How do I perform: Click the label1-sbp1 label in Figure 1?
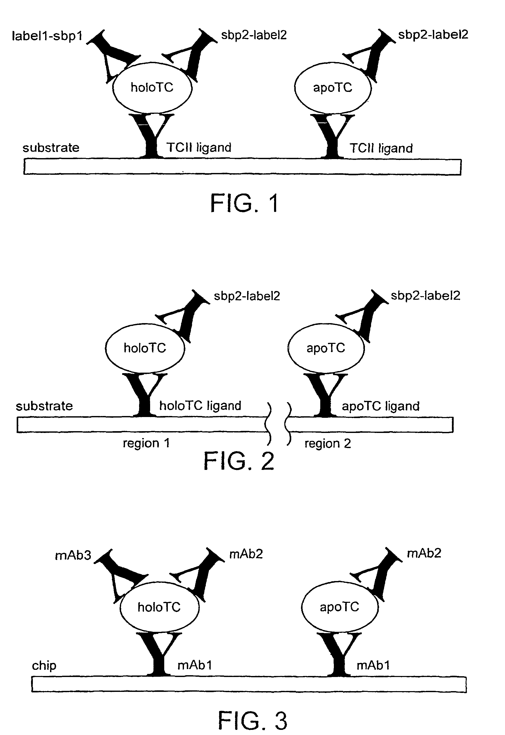[x=47, y=36]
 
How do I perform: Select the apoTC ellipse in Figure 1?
[x=333, y=88]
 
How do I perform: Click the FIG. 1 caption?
[x=245, y=204]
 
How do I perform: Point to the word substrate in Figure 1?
[x=51, y=148]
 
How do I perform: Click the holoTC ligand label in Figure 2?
[x=200, y=406]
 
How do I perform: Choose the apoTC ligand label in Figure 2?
[x=380, y=406]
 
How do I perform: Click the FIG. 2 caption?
[x=239, y=461]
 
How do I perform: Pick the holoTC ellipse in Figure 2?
[x=145, y=348]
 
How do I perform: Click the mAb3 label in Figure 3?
[x=73, y=555]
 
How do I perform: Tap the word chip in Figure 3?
[x=44, y=665]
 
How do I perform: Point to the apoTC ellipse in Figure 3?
[x=339, y=607]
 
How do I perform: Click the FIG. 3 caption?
[x=252, y=720]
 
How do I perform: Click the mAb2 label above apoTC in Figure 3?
[x=424, y=553]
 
